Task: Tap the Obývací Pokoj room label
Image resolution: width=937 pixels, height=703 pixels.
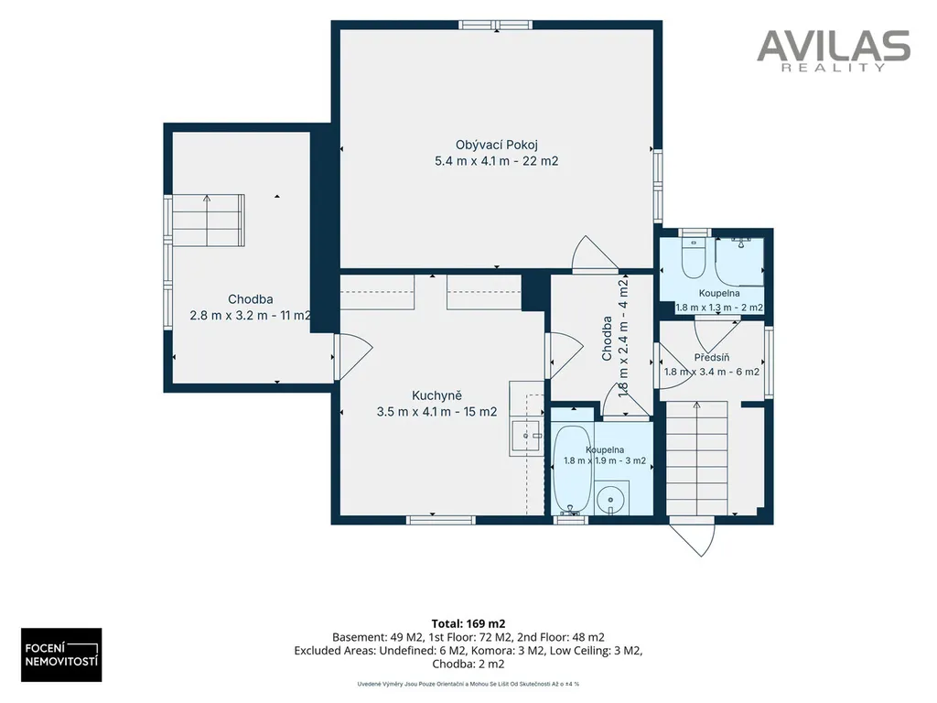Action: [497, 145]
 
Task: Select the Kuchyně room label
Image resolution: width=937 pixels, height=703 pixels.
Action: [436, 395]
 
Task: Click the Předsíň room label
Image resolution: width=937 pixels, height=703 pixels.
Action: [712, 358]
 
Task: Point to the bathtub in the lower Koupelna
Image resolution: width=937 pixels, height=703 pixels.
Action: [572, 470]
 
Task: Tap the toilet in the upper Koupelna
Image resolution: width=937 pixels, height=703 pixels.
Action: [694, 258]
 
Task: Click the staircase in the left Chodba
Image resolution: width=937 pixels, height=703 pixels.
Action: [209, 220]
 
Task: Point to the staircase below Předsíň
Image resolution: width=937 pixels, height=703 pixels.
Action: [696, 458]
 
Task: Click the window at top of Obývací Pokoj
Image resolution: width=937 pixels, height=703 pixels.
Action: [495, 25]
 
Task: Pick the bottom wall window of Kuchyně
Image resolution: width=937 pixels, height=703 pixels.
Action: [441, 520]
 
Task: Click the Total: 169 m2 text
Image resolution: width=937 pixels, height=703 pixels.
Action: [468, 624]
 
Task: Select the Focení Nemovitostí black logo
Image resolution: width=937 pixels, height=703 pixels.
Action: [61, 654]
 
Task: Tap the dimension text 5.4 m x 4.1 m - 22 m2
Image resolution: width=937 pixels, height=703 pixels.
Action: [497, 161]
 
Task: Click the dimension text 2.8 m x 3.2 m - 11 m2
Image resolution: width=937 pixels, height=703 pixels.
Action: [251, 315]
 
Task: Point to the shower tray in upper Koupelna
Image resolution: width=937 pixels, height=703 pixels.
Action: [739, 262]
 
